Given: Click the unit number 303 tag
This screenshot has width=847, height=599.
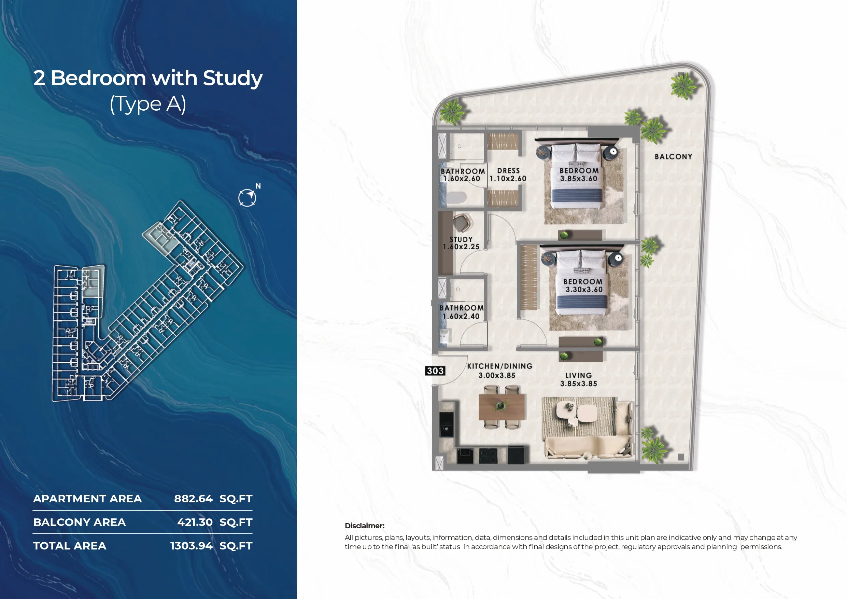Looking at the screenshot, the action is [435, 371].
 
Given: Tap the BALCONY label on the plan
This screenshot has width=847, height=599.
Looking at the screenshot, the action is [673, 156].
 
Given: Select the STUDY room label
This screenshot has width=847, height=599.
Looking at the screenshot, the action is [461, 239].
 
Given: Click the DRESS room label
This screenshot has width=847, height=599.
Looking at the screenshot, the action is [508, 170].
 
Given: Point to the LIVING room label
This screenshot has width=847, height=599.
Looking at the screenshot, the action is [578, 375].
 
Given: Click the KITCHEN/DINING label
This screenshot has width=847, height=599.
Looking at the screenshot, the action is [500, 366].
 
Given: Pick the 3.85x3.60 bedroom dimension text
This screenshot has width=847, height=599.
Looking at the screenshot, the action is [578, 179].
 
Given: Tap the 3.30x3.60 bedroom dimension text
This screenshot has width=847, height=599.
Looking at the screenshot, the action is [584, 290].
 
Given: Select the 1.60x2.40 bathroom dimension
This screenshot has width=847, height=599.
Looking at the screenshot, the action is [461, 316].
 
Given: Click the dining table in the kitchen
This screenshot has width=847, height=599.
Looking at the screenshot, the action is [502, 407].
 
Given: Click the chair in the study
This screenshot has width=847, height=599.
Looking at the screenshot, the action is [462, 223].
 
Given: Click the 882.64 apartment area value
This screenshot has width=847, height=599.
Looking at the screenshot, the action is [193, 499].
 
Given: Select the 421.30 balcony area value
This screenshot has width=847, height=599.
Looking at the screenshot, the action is [195, 522].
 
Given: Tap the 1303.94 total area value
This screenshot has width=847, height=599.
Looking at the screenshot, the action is [192, 546].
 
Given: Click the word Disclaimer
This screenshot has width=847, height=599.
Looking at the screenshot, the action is [365, 526].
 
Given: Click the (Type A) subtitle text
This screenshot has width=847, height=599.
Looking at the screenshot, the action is [148, 104].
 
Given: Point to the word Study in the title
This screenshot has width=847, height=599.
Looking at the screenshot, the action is [232, 79].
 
